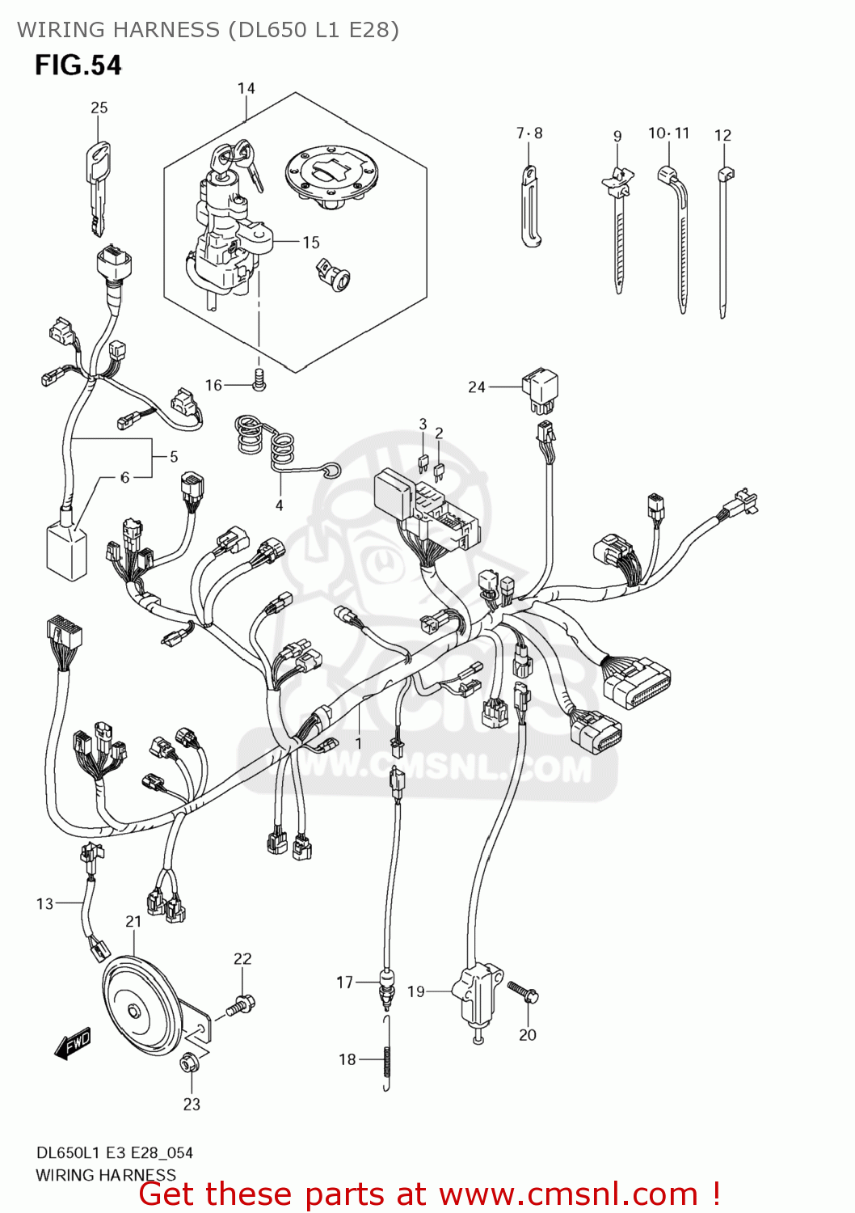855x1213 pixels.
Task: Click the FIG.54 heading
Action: pos(78,65)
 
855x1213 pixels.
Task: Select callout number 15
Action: pos(311,242)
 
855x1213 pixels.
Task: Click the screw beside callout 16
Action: pos(259,380)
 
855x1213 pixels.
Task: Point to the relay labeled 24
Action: pos(540,387)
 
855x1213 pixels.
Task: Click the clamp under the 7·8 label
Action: pos(530,206)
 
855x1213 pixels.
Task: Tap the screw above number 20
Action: pos(524,992)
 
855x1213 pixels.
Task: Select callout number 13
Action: pos(44,903)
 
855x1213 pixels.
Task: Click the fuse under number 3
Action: pos(423,463)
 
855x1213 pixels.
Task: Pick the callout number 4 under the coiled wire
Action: pos(279,505)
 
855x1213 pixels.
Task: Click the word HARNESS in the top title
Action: pos(166,30)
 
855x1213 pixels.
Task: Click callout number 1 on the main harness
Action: pos(358,742)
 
